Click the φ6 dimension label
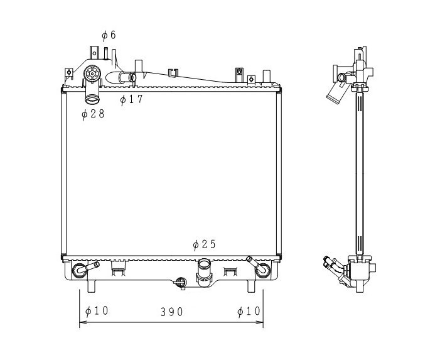coord(109,35)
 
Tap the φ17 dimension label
coord(131,99)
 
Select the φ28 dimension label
coord(93,114)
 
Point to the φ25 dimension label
coord(205,244)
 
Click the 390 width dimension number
coord(172,312)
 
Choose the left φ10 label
coord(97,311)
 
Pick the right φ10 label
coord(249,312)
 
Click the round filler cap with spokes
coord(92,74)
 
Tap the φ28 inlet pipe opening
coord(92,99)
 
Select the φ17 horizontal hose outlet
coord(121,77)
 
